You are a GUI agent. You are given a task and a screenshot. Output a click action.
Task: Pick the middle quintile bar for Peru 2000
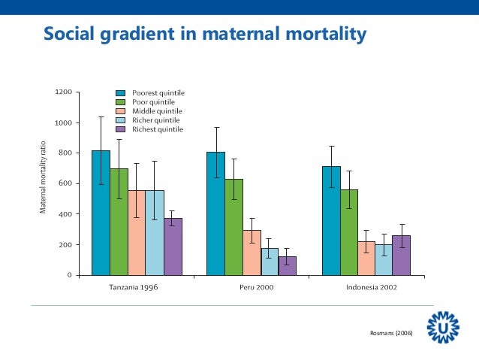[x=252, y=253]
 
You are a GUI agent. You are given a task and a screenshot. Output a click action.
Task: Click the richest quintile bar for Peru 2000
[x=288, y=266]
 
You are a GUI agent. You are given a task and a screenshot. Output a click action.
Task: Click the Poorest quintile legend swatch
[x=120, y=93]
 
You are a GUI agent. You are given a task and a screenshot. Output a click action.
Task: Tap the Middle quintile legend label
[x=158, y=111]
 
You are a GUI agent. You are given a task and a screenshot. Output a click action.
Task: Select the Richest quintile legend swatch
[x=120, y=129]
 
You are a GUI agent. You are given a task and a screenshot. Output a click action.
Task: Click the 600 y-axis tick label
[x=65, y=184]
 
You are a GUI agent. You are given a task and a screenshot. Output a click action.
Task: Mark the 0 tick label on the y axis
[x=70, y=276]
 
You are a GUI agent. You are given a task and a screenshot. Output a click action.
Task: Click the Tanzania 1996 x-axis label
[x=136, y=287]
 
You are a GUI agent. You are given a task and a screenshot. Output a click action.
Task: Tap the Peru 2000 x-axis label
[x=252, y=287]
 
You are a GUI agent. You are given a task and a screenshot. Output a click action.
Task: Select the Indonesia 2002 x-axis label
[x=372, y=287]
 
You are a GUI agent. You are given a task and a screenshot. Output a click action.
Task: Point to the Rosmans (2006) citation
[x=393, y=331]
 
